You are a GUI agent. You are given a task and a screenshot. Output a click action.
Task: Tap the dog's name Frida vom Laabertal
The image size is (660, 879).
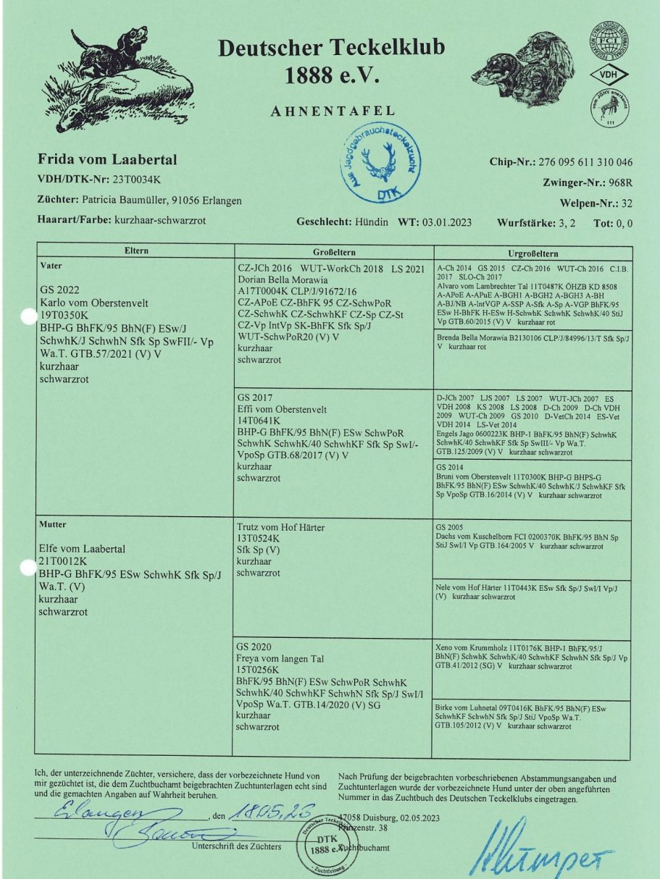[x=107, y=159]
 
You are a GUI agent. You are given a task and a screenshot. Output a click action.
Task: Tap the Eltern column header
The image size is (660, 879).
[x=135, y=251]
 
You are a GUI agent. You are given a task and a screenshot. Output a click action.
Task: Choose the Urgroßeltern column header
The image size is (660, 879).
[x=532, y=253]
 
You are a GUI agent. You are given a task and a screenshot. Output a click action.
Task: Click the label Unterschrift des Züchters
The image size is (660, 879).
[x=236, y=846]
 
